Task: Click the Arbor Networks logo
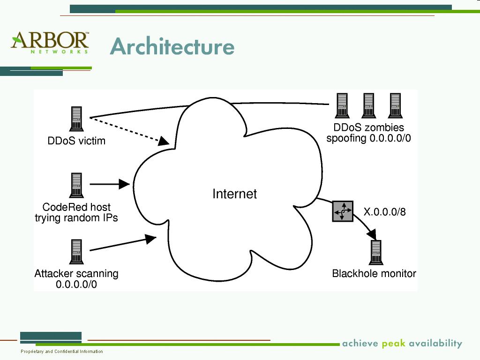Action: (x=50, y=42)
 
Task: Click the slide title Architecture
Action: (x=172, y=46)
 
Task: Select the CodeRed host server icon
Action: (x=76, y=185)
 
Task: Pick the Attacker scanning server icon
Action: (x=76, y=252)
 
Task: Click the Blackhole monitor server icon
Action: (x=375, y=253)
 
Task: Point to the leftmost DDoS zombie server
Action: (x=342, y=106)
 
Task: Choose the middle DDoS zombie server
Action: (x=368, y=106)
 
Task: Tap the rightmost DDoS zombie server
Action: (x=395, y=106)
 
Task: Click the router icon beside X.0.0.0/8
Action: (x=343, y=211)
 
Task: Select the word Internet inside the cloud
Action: (x=234, y=194)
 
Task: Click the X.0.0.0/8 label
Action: (x=384, y=212)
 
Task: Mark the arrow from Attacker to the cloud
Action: (x=122, y=244)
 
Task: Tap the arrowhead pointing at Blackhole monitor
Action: (x=372, y=232)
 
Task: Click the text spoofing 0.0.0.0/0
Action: (x=368, y=138)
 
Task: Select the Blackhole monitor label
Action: (x=374, y=273)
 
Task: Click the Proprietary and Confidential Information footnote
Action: (x=62, y=352)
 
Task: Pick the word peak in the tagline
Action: (x=393, y=344)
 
